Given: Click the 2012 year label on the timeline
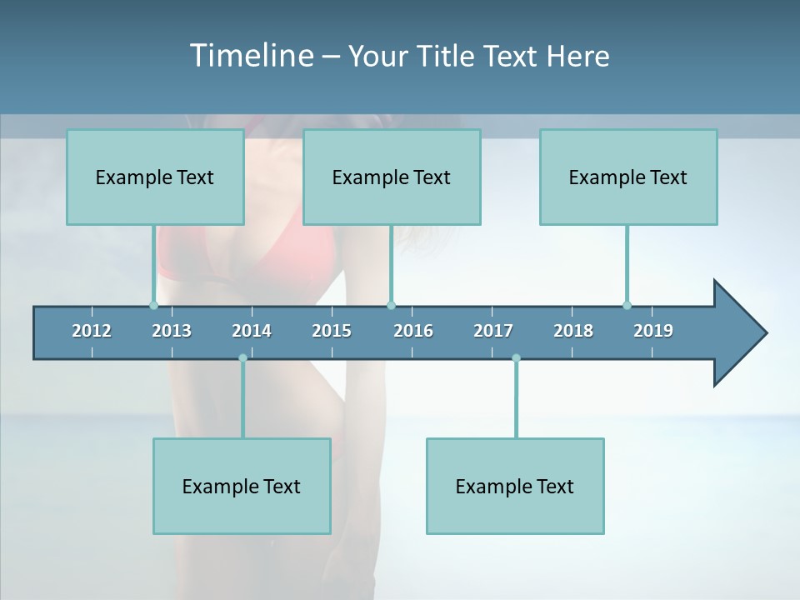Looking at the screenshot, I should [92, 331].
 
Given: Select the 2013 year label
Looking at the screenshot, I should [172, 331].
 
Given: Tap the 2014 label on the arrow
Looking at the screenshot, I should [252, 331].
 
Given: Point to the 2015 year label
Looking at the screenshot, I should [332, 331].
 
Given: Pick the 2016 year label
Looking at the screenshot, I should [413, 331].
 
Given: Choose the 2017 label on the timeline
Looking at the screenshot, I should [493, 331].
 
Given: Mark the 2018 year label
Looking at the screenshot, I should [573, 331].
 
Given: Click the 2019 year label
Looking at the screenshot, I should [653, 331].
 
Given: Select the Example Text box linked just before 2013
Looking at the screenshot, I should [155, 177].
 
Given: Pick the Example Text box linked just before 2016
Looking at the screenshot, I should [392, 177].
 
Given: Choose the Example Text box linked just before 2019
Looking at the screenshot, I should [628, 177].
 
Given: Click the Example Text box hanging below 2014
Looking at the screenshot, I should [242, 486].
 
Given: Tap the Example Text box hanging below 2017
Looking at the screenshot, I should [515, 486].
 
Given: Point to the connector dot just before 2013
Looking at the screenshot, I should [153, 305].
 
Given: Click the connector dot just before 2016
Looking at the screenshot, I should [391, 305].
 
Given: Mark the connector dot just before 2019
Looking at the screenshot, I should [627, 305].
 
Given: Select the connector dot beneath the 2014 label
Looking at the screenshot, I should [242, 358].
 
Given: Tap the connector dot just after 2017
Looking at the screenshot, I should [516, 358].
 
